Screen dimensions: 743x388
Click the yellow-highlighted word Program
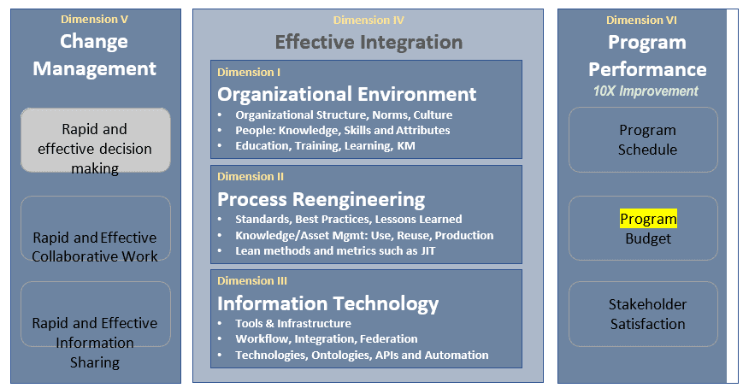pos(648,219)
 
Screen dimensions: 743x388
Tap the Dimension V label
pos(94,20)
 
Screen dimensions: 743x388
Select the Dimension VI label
pos(641,21)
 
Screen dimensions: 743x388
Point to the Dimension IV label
pos(369,21)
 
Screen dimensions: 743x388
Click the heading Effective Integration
pos(369,42)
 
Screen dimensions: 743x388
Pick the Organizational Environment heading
pos(346,94)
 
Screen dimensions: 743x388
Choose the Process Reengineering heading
pos(321,199)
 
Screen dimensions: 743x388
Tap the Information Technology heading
pos(328,303)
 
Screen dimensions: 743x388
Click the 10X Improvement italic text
pos(646,91)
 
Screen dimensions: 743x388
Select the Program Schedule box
pos(643,140)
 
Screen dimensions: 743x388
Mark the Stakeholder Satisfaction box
pos(643,315)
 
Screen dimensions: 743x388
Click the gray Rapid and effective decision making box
pos(95,140)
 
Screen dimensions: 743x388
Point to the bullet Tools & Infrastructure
pos(293,324)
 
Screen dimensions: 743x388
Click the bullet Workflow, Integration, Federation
pos(327,339)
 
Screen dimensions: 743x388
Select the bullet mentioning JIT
pos(335,250)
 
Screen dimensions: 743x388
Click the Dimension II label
pos(251,177)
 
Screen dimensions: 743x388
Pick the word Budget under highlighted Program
pos(648,238)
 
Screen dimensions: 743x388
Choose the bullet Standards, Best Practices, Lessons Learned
pos(348,220)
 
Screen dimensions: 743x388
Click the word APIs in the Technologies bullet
pos(386,356)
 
